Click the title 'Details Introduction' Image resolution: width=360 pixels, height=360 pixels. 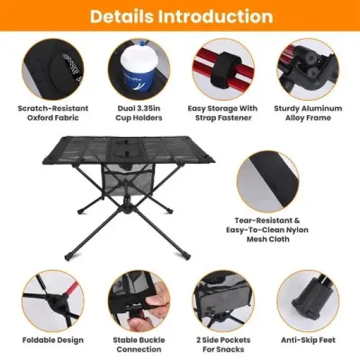180,16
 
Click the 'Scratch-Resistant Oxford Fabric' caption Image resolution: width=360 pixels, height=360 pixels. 52,113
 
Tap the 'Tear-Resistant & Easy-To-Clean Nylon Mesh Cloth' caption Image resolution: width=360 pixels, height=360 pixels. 270,230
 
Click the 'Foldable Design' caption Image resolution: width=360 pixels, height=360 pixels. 52,340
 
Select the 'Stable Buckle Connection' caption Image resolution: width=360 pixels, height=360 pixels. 139,344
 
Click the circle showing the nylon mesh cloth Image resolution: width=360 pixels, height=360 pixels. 268,182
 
